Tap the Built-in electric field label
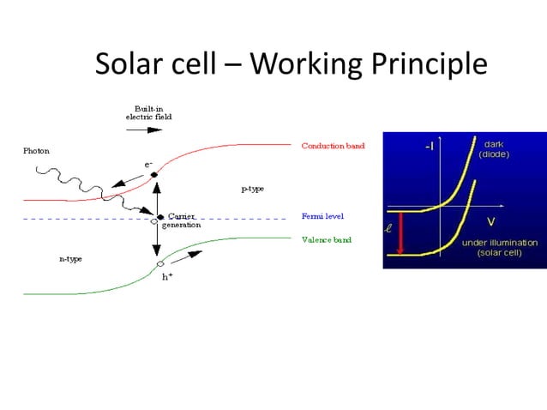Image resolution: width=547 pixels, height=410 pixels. tap(143, 112)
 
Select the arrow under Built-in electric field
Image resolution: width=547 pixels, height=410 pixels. tap(143, 130)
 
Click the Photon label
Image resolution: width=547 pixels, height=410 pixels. tap(36, 151)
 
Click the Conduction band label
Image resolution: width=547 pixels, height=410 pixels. tap(333, 146)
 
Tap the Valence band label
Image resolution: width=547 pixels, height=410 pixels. tap(327, 240)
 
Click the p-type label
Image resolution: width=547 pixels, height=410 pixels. tap(251, 187)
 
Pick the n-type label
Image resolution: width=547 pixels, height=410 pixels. tap(70, 258)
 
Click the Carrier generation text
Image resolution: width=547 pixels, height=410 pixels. tap(182, 220)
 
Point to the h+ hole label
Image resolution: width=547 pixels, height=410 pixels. tap(168, 276)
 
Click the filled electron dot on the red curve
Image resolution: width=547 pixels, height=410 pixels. tap(154, 175)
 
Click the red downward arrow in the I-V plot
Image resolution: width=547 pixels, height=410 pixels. tap(400, 232)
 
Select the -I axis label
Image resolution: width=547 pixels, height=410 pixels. tap(428, 147)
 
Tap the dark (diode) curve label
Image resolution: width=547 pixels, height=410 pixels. tap(494, 149)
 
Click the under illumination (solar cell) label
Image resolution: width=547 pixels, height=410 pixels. tap(500, 248)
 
